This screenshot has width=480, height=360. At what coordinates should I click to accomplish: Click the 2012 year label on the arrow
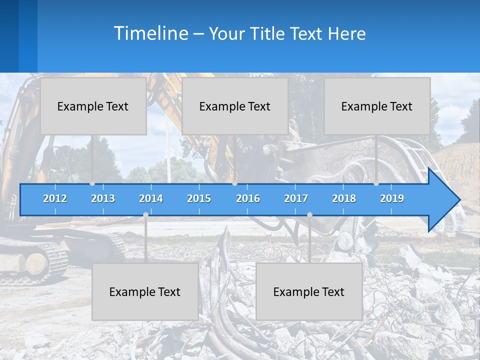pos(55,198)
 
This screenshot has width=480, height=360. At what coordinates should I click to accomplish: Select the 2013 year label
pos(103,198)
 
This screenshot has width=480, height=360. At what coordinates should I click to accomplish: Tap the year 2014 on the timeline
pos(151,198)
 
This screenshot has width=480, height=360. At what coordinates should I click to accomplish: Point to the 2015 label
pos(199,198)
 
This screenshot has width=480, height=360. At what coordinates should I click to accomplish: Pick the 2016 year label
pos(248,198)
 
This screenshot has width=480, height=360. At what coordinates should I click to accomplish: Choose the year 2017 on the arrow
pos(296,198)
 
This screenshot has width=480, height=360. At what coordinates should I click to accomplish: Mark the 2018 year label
pos(344,198)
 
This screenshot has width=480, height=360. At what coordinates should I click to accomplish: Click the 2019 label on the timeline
pos(392,198)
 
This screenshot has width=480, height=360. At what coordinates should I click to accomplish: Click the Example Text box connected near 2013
pos(93,106)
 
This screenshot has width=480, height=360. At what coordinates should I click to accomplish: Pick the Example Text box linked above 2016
pos(235,106)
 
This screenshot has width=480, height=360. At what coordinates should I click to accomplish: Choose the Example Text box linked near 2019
pos(377,106)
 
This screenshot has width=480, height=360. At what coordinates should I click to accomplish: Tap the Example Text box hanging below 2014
pos(145,291)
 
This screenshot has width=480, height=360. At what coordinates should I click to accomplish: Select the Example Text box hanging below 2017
pos(309,291)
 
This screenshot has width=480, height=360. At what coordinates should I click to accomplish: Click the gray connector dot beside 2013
pos(92,183)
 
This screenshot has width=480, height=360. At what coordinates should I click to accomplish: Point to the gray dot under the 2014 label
pos(145,214)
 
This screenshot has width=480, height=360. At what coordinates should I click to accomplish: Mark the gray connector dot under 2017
pos(309,214)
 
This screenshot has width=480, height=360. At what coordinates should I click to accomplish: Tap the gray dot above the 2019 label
pos(376,183)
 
